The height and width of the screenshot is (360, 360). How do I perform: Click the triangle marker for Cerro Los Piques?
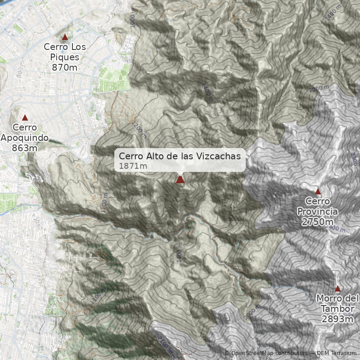pyautogui.click(x=65, y=37)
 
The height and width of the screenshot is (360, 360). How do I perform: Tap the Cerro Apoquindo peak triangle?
pyautogui.click(x=25, y=118)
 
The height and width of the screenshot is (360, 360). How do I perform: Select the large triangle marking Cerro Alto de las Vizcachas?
pyautogui.click(x=180, y=180)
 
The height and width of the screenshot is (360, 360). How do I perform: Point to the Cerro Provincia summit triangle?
pyautogui.click(x=318, y=191)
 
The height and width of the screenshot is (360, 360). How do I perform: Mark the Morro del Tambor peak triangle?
pyautogui.click(x=337, y=288)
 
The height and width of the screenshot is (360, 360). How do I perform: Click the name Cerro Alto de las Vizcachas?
pyautogui.click(x=180, y=156)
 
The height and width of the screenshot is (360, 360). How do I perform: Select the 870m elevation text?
pyautogui.click(x=65, y=67)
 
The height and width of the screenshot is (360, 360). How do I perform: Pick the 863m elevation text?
pyautogui.click(x=25, y=148)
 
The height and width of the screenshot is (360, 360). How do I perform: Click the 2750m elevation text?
pyautogui.click(x=318, y=221)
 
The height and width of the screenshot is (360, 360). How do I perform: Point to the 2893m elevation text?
pyautogui.click(x=337, y=319)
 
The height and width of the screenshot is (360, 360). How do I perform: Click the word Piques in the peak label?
pyautogui.click(x=65, y=57)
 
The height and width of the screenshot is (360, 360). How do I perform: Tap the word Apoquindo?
pyautogui.click(x=25, y=138)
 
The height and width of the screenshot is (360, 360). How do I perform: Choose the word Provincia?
pyautogui.click(x=318, y=211)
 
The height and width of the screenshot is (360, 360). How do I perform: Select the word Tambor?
pyautogui.click(x=337, y=309)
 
